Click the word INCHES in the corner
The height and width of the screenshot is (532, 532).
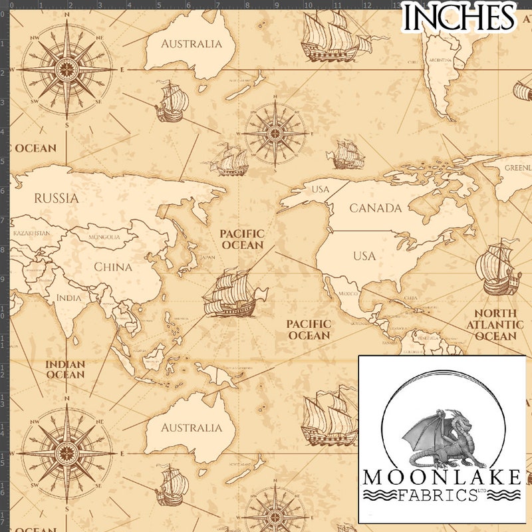459,17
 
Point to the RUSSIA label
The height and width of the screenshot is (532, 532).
56,198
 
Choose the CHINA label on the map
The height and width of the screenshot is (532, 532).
113,267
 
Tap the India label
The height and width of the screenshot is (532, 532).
68,297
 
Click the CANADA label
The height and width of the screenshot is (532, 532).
376,208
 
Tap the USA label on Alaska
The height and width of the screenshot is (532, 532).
321,190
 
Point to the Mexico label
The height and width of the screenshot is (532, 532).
348,293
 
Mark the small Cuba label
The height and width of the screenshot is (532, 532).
411,299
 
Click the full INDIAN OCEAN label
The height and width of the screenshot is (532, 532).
65,369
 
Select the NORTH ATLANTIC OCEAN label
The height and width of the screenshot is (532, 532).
495,325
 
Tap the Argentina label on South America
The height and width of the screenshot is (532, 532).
441,60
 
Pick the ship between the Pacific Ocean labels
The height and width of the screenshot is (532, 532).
233,293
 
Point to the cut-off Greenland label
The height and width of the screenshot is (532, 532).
518,168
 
